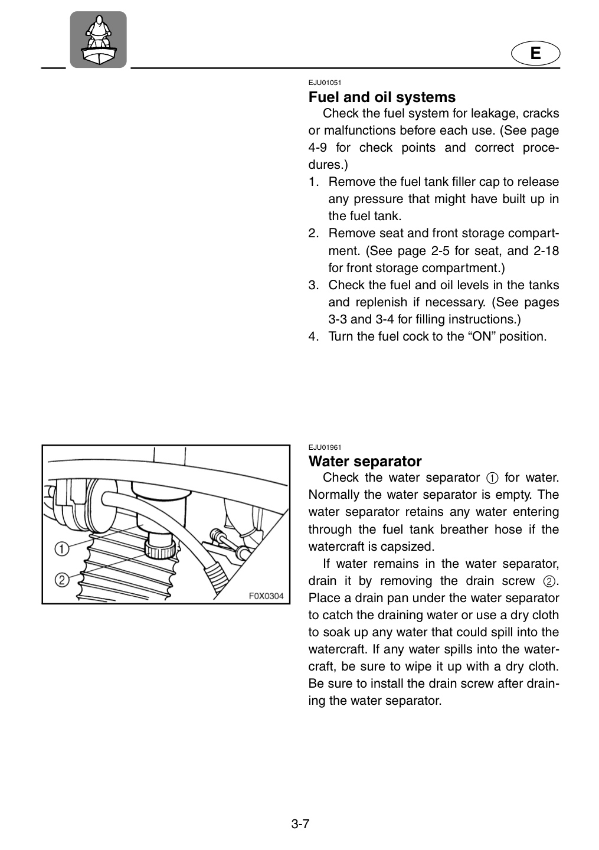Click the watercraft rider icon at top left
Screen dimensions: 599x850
tap(98, 40)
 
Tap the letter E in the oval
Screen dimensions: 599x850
tap(535, 53)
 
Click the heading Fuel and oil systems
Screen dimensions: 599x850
tap(382, 97)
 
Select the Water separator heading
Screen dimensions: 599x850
tap(365, 462)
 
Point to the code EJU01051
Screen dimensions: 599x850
tap(325, 83)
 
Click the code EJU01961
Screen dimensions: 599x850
tap(325, 447)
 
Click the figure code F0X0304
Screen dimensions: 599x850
tap(266, 596)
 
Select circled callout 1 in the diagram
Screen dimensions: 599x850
tap(61, 549)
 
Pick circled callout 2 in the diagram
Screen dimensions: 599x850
tap(62, 580)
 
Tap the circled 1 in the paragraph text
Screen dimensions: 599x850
tap(492, 478)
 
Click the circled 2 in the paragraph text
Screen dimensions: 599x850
tap(549, 581)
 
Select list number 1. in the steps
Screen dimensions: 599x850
tap(314, 182)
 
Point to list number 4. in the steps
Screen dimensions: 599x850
tap(314, 336)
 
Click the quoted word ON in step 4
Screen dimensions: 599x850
tap(481, 336)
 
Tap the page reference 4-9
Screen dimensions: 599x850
tap(317, 148)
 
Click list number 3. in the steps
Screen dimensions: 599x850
tap(314, 285)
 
